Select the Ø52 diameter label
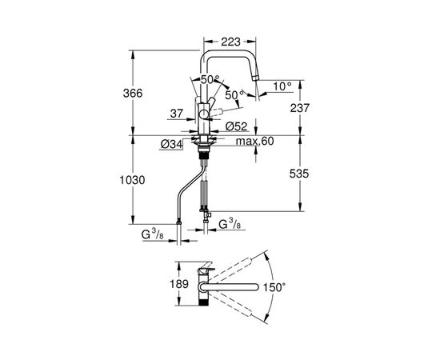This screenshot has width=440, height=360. (236, 126)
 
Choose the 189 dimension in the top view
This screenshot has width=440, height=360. (160, 284)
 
